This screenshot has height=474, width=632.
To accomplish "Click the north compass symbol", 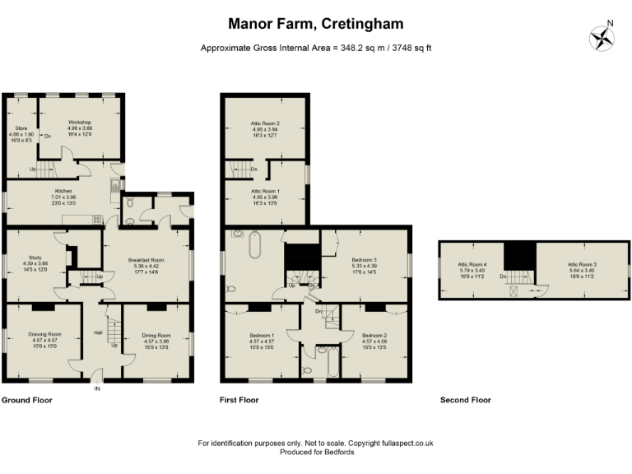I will tap(602, 37).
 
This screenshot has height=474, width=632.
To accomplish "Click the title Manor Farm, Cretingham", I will tap(316, 24).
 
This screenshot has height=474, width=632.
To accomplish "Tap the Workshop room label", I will tap(81, 121).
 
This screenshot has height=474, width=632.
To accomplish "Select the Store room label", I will tap(20, 128).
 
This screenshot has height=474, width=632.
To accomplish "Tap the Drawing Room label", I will tap(44, 335).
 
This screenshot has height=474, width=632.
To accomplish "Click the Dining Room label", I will tap(156, 335).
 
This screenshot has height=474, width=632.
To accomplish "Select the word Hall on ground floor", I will tap(98, 333).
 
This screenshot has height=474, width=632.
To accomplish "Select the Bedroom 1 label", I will tap(262, 335).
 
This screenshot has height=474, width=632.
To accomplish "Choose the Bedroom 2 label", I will tap(374, 335).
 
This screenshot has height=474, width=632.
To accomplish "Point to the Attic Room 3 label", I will tap(582, 265).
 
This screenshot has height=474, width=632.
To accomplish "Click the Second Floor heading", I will tap(465, 400).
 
